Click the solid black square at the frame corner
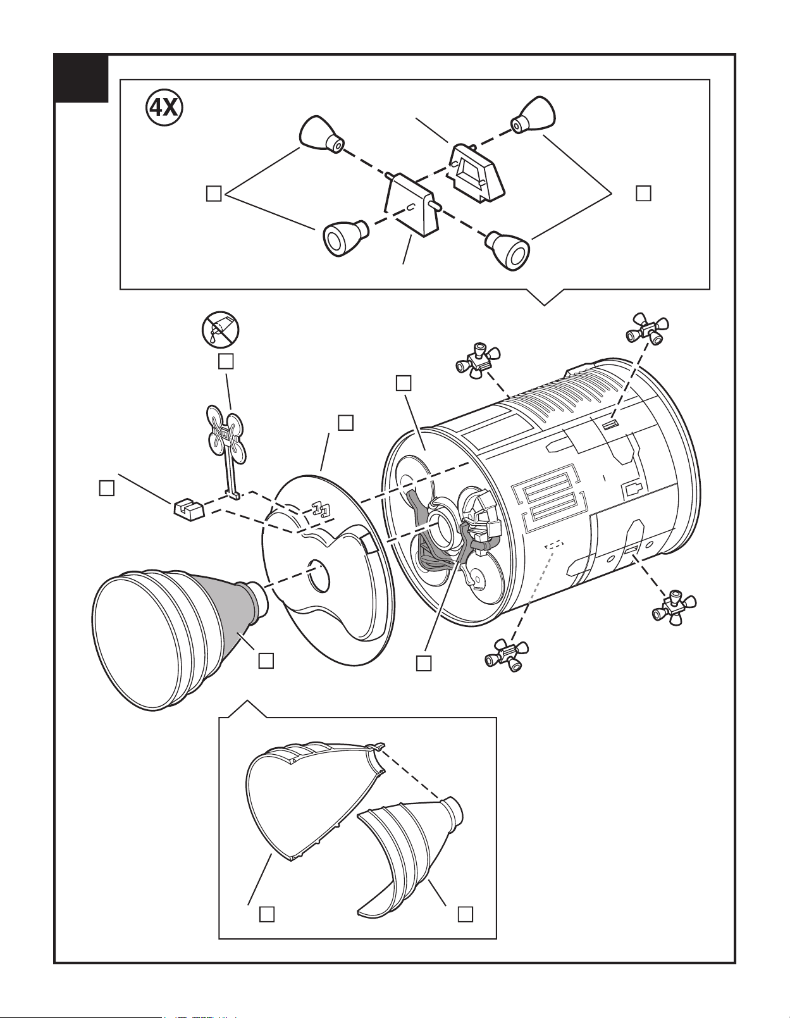[81, 78]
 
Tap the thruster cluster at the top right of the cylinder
[646, 328]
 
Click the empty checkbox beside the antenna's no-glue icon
[226, 361]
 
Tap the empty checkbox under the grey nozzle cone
[266, 661]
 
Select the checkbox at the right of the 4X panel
[643, 193]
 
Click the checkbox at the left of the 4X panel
[214, 194]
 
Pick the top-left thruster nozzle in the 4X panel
[321, 136]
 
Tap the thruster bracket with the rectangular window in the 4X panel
[477, 171]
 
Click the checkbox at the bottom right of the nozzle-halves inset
[466, 914]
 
